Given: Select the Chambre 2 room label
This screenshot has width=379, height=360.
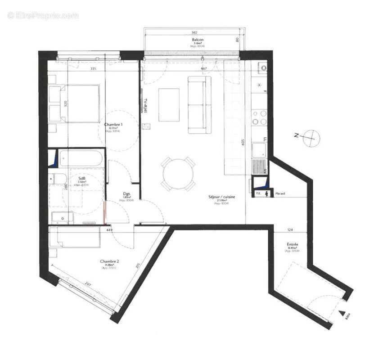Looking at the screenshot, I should [x=109, y=261].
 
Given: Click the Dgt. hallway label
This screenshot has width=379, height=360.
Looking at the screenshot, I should [x=126, y=194].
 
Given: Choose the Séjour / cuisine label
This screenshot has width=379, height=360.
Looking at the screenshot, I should [x=222, y=197].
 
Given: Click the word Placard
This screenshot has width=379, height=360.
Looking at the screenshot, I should [x=281, y=194].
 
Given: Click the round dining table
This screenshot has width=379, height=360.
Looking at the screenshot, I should [x=178, y=174].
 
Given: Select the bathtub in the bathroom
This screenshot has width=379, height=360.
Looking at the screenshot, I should [x=81, y=159].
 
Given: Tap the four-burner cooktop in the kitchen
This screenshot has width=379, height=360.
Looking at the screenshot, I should [x=259, y=117].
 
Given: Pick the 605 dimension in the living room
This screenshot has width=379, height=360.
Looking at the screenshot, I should [x=242, y=144].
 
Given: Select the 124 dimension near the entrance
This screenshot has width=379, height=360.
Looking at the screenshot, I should [x=290, y=230].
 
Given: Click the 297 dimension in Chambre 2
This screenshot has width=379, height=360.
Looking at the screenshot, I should [x=89, y=284].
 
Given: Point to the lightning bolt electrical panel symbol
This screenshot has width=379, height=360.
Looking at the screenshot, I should [x=268, y=194].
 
